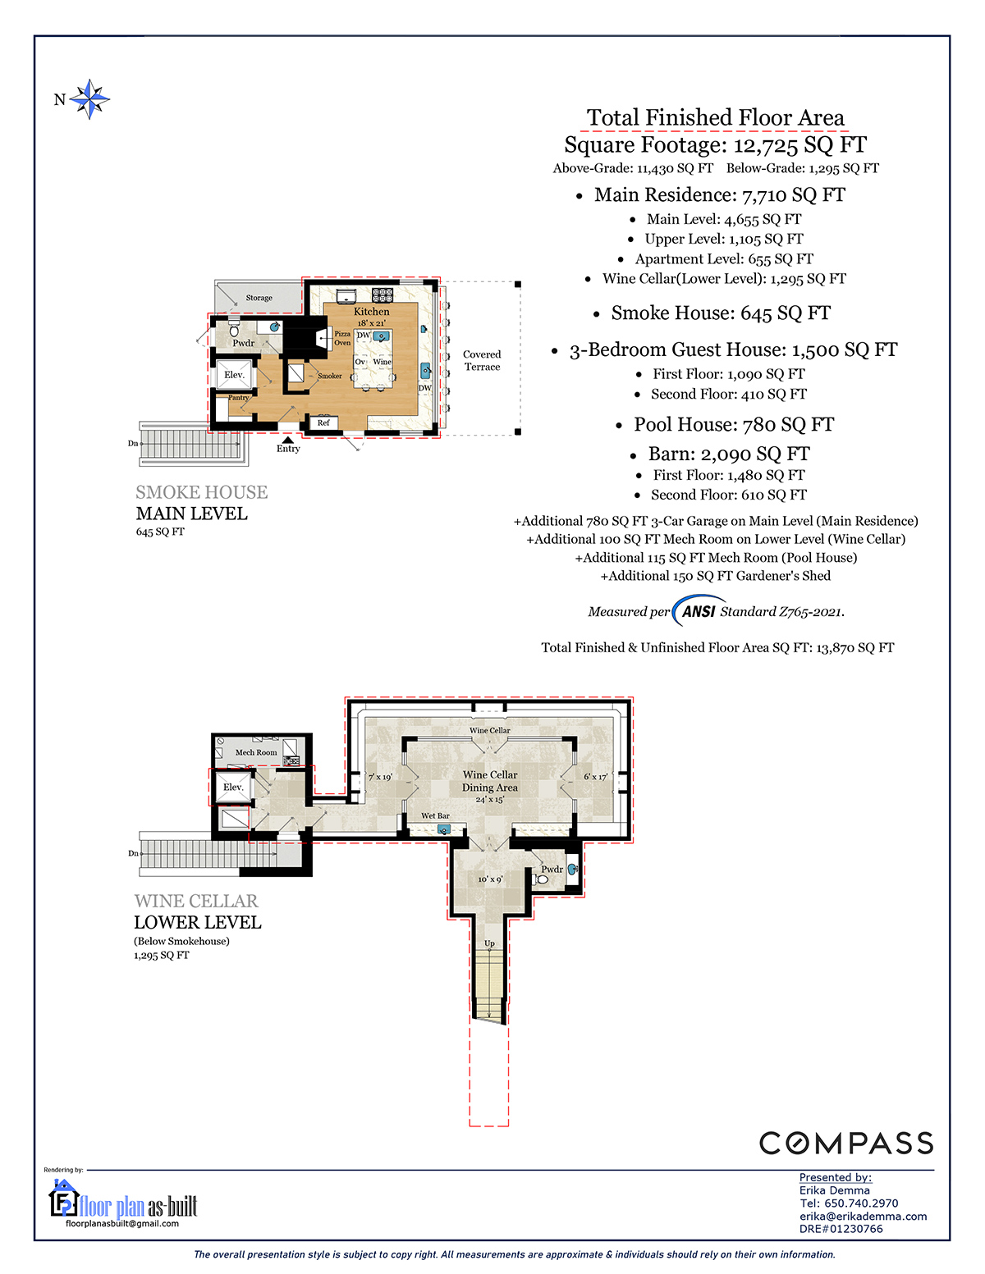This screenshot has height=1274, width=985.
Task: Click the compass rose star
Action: click(89, 99)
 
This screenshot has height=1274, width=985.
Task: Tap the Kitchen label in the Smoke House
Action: click(371, 311)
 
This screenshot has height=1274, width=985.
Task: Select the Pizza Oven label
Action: click(342, 338)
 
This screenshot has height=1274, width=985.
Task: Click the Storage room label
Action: click(259, 298)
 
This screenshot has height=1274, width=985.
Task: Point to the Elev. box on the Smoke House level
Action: click(234, 375)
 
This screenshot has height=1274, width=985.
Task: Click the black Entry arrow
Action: click(287, 439)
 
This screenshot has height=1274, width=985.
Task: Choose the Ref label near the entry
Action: click(323, 422)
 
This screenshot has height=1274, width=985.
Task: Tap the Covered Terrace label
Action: click(482, 360)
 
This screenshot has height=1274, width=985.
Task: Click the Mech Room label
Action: click(256, 752)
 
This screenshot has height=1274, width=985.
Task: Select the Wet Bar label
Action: click(435, 815)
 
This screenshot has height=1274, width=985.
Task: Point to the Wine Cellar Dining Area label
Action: click(490, 781)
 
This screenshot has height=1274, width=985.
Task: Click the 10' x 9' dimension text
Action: click(490, 879)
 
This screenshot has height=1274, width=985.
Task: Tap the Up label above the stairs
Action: click(489, 943)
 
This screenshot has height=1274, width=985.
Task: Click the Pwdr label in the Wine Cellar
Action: click(552, 869)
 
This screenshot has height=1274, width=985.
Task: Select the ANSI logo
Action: click(699, 611)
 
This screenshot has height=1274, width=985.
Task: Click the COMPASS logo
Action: click(845, 1144)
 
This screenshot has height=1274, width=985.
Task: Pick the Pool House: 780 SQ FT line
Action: click(733, 424)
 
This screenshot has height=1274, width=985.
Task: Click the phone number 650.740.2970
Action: click(860, 1203)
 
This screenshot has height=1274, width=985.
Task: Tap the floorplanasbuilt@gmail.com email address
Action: click(122, 1224)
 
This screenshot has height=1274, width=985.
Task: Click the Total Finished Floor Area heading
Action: click(715, 117)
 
